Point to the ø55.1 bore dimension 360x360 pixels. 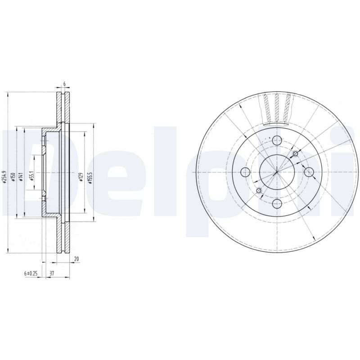click(31, 175)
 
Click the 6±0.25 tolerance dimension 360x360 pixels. click(31, 273)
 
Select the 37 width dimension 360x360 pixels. click(52, 273)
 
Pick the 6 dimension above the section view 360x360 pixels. click(64, 84)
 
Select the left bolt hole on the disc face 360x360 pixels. click(245, 172)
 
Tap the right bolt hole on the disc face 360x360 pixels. click(308, 172)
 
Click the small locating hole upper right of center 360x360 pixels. click(295, 154)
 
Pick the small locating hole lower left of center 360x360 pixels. click(259, 191)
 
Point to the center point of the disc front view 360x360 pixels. click(277, 172)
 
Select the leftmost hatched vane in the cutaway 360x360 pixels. click(267, 108)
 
